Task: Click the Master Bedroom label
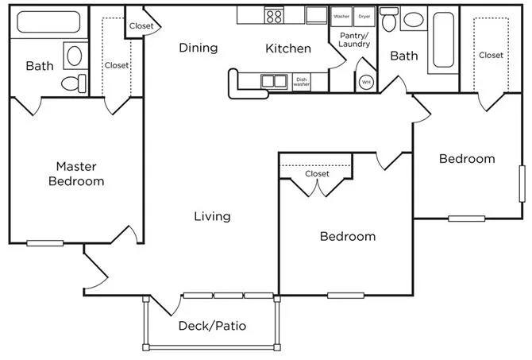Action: point(76,173)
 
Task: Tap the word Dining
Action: point(199,48)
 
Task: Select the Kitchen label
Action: point(288,48)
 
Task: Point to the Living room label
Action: point(212,216)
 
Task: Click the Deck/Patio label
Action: point(212,326)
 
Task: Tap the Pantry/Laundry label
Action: point(354,40)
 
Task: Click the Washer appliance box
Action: point(341,17)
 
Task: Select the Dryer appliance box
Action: point(364,17)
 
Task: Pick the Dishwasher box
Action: point(301,82)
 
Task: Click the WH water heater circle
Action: point(366,82)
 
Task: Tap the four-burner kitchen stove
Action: point(274,15)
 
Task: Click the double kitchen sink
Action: point(274,82)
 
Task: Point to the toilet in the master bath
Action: point(74,83)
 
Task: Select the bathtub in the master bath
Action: point(48,22)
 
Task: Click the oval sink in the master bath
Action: point(75,56)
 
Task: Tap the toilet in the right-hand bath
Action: point(389,19)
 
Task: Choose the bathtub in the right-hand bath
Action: point(443,40)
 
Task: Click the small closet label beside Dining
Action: point(141,25)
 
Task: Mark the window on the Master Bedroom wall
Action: point(44,243)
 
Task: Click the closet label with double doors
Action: point(318,173)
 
